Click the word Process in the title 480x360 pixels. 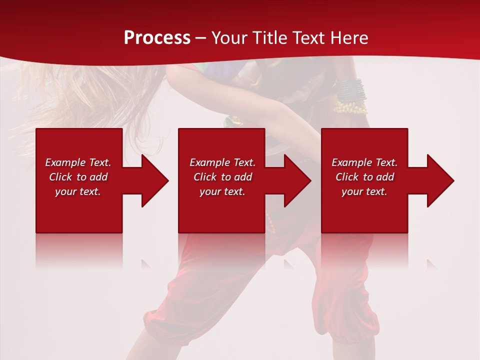(157, 38)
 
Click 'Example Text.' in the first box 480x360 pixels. (78, 162)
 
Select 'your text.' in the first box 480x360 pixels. (78, 191)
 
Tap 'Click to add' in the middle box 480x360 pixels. (222, 177)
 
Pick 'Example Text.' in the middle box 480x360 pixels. (222, 162)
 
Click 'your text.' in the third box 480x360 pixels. (364, 191)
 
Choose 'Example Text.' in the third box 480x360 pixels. (364, 162)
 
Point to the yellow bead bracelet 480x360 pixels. (351, 106)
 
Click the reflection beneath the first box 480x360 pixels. (79, 250)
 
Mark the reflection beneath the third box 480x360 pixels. (364, 250)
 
